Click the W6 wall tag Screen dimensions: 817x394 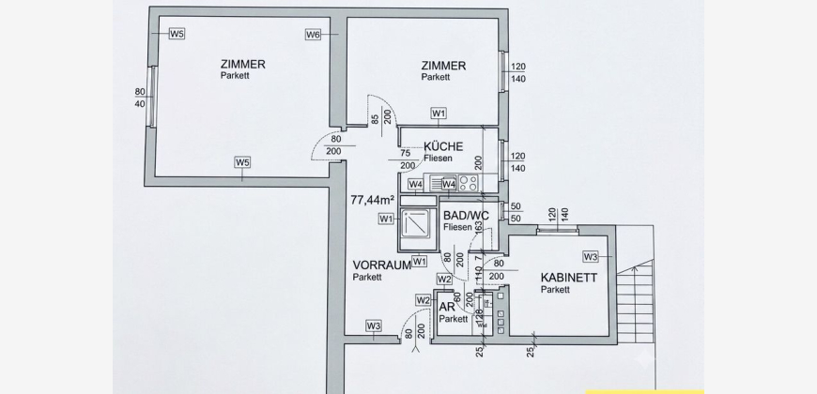(313, 35)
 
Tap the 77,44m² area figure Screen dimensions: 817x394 (372, 199)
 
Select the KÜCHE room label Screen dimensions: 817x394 (443, 146)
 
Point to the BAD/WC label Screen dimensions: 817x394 (467, 216)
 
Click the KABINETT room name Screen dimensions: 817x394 (569, 278)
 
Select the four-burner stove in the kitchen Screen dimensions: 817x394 (469, 183)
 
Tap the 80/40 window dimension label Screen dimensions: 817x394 (140, 98)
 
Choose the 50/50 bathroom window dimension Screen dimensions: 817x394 (516, 213)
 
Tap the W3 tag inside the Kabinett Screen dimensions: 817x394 (591, 256)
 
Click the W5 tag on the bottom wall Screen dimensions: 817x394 (242, 162)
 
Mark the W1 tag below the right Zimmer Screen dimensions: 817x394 (439, 113)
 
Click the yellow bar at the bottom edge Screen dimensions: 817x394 (645, 392)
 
